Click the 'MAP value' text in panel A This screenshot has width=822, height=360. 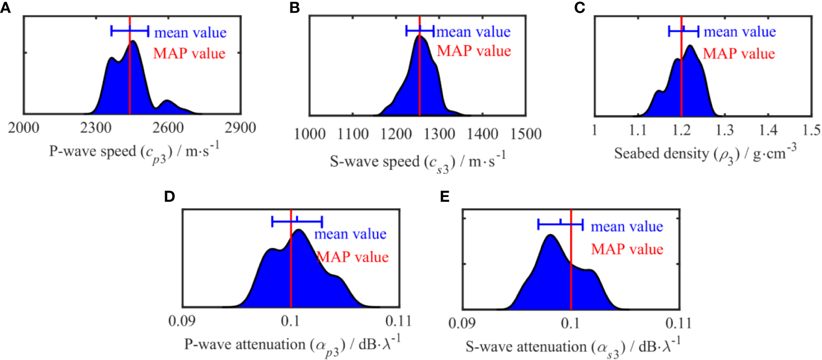190,53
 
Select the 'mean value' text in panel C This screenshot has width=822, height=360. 740,31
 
